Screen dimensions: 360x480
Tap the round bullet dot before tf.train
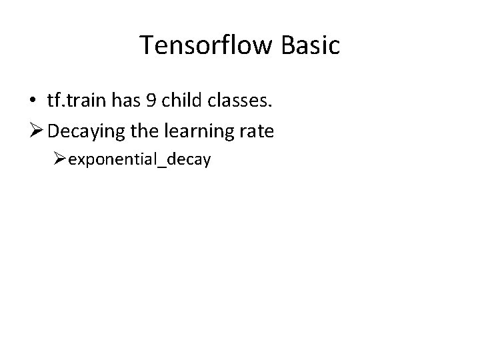pyautogui.click(x=33, y=101)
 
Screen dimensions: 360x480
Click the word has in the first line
pyautogui.click(x=123, y=100)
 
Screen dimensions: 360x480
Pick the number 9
pyautogui.click(x=147, y=100)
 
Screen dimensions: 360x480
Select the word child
pyautogui.click(x=177, y=100)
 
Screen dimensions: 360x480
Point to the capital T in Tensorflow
pyautogui.click(x=147, y=45)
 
